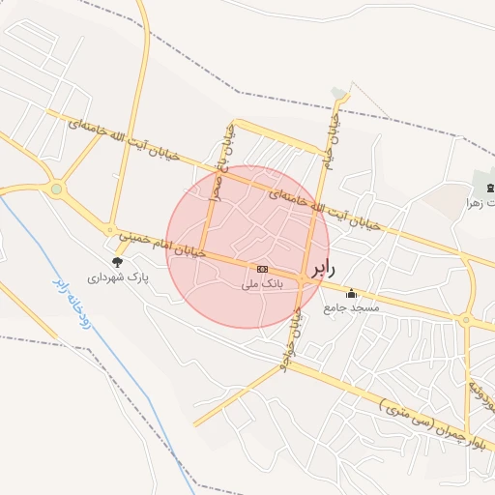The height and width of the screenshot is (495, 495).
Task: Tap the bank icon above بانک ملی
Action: tap(262, 269)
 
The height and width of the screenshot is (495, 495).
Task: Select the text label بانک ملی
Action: tap(262, 285)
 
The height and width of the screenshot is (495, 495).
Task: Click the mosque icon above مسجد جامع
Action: tap(351, 293)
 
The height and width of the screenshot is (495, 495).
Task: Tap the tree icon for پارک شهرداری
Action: tap(118, 261)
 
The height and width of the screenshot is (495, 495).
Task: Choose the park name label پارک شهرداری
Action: tap(120, 277)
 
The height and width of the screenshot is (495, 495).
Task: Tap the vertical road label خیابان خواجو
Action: tap(292, 334)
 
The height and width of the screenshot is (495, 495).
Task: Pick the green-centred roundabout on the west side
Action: tap(56, 189)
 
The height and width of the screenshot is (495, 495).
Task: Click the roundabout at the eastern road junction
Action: tap(466, 320)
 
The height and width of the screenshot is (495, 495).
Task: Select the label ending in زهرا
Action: tap(480, 203)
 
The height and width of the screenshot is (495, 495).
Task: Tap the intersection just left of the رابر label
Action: tap(303, 278)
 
